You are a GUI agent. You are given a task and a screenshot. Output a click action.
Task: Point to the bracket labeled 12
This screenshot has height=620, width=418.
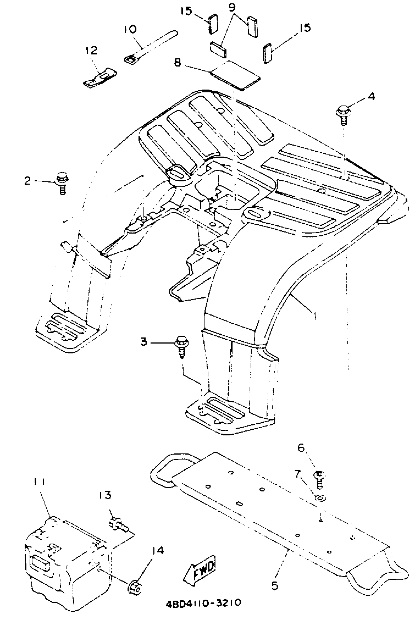point(100,77)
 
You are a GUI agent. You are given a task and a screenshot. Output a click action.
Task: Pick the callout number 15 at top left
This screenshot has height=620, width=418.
point(186,11)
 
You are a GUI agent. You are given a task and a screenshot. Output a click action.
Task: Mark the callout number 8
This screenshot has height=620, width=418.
point(178,63)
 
